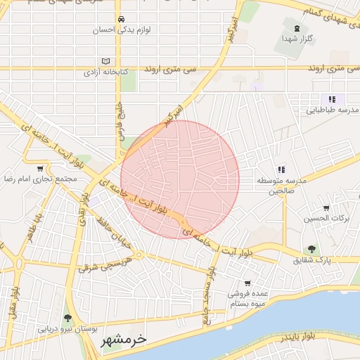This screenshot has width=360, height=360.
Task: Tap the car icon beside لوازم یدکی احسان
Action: coord(122,19)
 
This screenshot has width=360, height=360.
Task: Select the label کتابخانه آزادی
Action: coord(105,72)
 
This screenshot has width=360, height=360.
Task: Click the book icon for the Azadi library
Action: coord(106,60)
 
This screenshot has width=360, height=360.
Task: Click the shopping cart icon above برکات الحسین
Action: coord(326,208)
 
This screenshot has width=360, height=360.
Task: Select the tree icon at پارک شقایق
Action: coord(311,248)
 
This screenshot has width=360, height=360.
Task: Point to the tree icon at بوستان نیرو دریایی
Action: coord(67,318)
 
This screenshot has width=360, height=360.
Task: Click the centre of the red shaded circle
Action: coord(180,179)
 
